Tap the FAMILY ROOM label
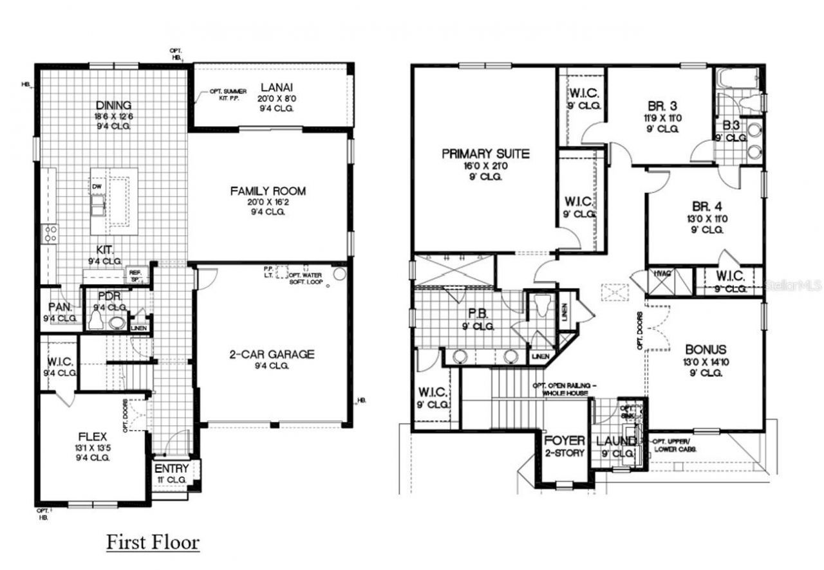coord(268,191)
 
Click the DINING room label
coord(114,106)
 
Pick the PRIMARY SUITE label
coord(485,154)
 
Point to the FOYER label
coord(565,441)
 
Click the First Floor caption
coord(153,542)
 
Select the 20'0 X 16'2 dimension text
coord(268,201)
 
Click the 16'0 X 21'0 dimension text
coord(485,165)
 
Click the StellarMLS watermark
coord(793,284)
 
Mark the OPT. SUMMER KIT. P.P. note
coord(228,95)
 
